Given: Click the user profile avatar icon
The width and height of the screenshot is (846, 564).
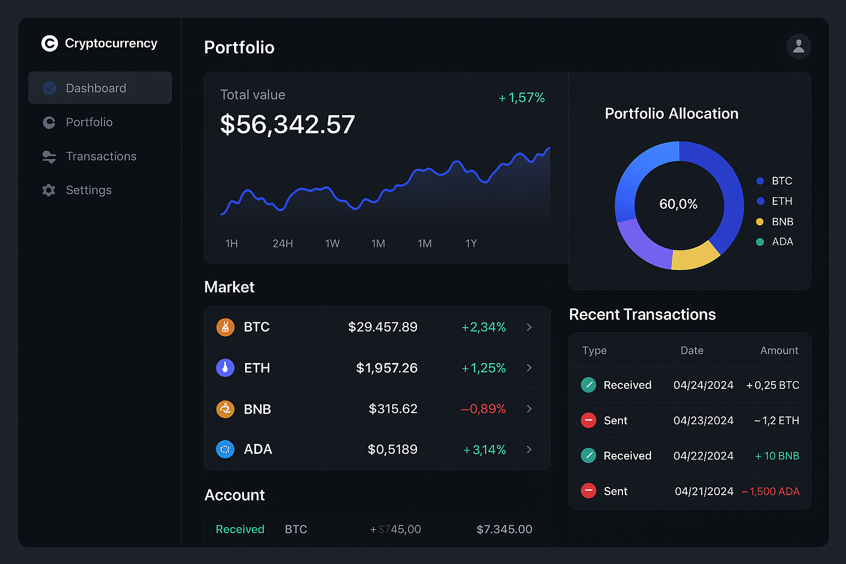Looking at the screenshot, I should [x=799, y=46].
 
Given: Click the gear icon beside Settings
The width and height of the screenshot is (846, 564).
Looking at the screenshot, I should [x=49, y=190].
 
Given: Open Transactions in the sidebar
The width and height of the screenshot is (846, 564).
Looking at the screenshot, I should [x=101, y=156].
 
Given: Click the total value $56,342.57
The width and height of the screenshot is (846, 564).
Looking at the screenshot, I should [x=287, y=124].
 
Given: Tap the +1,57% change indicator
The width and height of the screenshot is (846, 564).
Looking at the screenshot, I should [x=522, y=98].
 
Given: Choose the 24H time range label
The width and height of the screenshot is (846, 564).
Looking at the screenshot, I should [x=283, y=243].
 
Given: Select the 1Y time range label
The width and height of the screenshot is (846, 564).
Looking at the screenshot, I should [x=471, y=243].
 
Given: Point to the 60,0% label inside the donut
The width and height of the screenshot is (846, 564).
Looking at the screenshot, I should [x=679, y=204].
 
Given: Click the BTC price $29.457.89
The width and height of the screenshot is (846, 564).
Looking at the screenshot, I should [x=383, y=327].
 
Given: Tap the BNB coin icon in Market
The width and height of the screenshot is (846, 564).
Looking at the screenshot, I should [x=225, y=409].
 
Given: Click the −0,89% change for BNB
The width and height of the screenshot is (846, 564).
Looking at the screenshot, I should [x=483, y=409].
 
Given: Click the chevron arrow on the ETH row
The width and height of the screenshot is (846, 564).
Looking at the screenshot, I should [x=529, y=367].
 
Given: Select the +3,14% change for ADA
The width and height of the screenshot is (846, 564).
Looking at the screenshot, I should [x=484, y=450].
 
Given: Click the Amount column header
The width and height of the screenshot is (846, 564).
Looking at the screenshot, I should [x=779, y=350].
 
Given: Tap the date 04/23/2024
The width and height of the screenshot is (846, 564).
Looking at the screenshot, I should [x=703, y=421].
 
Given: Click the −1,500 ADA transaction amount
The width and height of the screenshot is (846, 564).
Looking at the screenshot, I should [x=771, y=491].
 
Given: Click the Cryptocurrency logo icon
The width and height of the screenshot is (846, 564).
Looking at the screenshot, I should [x=50, y=44].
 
